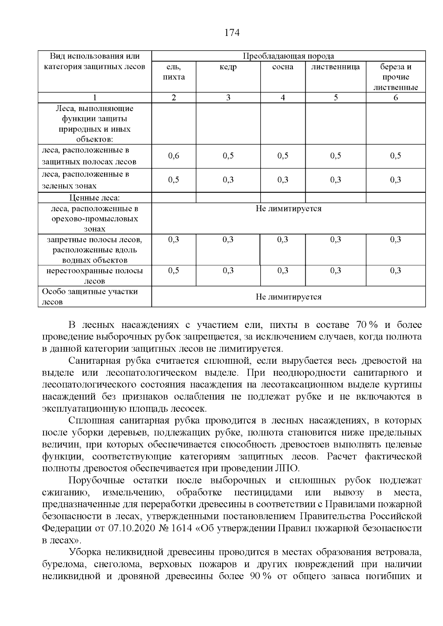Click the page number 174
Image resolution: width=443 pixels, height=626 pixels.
pyautogui.click(x=232, y=33)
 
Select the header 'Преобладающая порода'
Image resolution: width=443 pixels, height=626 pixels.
pyautogui.click(x=288, y=56)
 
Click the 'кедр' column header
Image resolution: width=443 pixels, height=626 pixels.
pyautogui.click(x=228, y=67)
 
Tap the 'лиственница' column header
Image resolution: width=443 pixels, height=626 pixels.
pyautogui.click(x=335, y=67)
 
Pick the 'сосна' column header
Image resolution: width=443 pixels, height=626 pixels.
pyautogui.click(x=283, y=67)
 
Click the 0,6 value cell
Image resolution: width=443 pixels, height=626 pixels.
pyautogui.click(x=174, y=156)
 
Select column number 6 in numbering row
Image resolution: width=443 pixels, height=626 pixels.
pyautogui.click(x=395, y=98)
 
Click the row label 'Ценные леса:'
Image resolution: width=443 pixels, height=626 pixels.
pyautogui.click(x=95, y=198)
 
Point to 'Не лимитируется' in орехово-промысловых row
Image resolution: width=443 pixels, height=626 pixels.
pyautogui.click(x=288, y=209)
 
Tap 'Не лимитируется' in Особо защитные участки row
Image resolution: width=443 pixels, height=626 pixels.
pyautogui.click(x=288, y=297)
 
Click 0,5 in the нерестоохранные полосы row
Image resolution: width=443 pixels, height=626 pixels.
pyautogui.click(x=174, y=271)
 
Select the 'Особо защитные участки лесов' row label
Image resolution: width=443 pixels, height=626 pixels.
pyautogui.click(x=90, y=297)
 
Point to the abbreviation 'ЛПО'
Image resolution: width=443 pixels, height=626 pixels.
pyautogui.click(x=289, y=468)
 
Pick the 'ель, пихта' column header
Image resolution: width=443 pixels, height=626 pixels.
pyautogui.click(x=174, y=72)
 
